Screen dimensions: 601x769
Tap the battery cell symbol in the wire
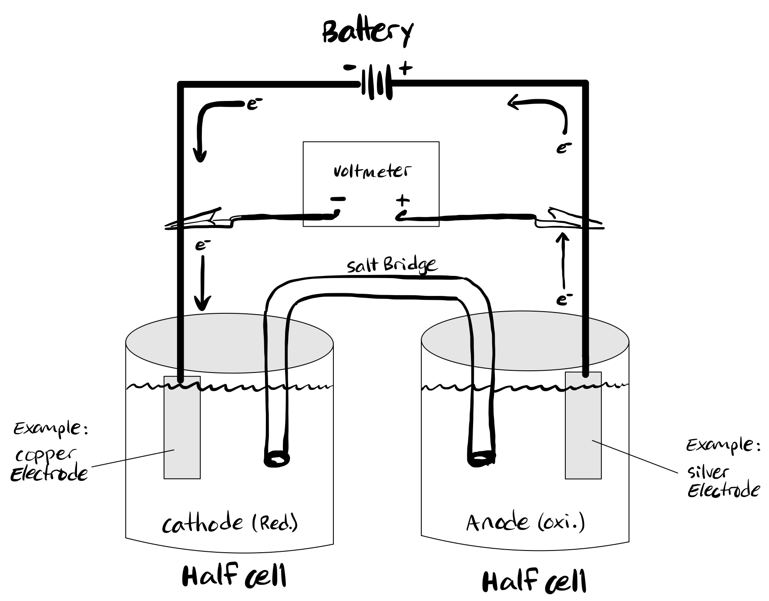coord(376,81)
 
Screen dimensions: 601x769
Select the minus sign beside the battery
coord(349,67)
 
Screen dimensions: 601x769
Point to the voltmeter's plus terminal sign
coord(403,200)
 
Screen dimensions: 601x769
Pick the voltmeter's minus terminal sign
coord(338,199)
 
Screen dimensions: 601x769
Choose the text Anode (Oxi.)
coord(525,522)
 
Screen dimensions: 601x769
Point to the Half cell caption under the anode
coord(534,581)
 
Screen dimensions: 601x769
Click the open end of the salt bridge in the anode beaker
coord(481,459)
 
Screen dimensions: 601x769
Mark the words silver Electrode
coord(723,482)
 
